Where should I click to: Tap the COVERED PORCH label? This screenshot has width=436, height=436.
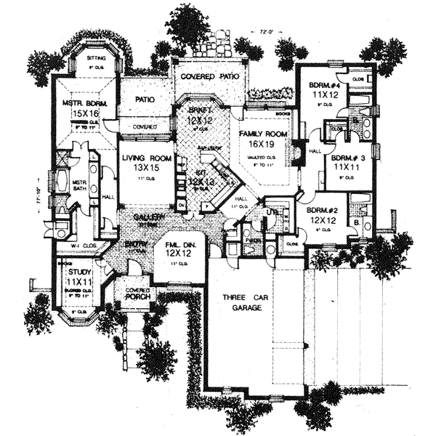[137, 294]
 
